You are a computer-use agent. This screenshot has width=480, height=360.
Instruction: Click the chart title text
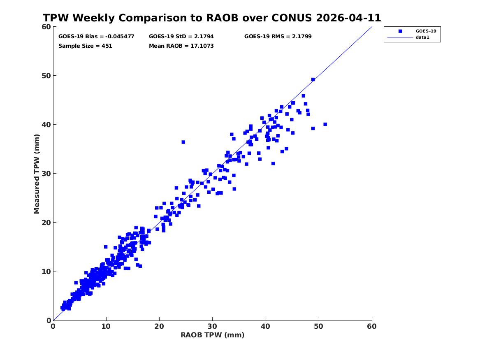pos(212,18)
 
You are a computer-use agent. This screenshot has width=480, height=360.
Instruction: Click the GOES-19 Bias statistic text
pos(96,37)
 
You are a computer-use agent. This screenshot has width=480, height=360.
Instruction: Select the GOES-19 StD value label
pos(181,37)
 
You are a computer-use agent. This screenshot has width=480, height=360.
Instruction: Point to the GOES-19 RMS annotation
pos(278,37)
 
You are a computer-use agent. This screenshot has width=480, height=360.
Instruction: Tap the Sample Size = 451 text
pos(85,46)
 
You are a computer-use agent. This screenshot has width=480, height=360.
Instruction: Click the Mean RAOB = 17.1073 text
pos(181,46)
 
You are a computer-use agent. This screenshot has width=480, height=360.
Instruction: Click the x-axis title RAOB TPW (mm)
pos(213,335)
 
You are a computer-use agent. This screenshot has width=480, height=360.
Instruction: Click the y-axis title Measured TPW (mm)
pos(37,174)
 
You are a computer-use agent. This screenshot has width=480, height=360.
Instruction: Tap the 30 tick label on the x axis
pos(213,326)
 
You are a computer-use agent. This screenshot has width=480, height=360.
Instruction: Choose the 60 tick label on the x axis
pos(372,326)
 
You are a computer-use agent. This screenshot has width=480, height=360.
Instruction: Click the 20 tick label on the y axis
pos(46,223)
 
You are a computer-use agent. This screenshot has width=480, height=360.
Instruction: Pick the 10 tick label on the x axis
pos(106,326)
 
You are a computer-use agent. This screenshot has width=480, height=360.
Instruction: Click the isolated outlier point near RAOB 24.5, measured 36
pos(183,142)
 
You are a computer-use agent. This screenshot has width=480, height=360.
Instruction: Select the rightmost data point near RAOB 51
pos(325,124)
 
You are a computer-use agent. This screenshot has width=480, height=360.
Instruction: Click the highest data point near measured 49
pos(313,79)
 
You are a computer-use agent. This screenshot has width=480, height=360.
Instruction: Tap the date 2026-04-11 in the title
pos(348,18)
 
